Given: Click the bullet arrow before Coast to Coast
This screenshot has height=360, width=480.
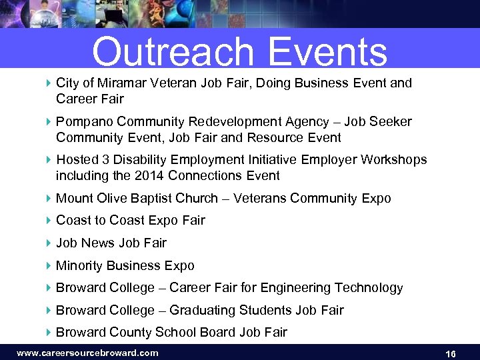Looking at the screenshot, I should (x=48, y=221).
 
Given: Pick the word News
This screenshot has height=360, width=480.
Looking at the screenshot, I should (x=98, y=243).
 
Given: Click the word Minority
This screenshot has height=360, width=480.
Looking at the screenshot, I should (x=80, y=266).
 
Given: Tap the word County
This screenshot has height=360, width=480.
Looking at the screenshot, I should (x=127, y=333).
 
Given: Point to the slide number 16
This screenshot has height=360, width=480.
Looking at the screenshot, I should (x=450, y=353).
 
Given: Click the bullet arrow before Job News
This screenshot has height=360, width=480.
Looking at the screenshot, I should (x=48, y=243).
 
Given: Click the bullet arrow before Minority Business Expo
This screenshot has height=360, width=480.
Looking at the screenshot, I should (x=48, y=266).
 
